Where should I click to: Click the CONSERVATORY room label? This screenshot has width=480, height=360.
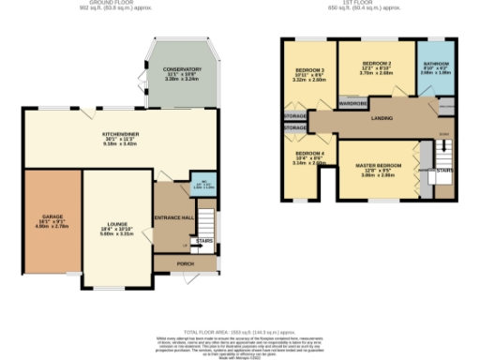tap(183, 70)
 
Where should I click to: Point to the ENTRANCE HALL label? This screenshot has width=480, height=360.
tap(173, 217)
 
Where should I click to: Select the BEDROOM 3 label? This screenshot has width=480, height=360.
tap(310, 71)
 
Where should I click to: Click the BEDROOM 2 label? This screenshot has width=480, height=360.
tap(376, 64)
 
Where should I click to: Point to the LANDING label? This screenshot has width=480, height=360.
tap(382, 118)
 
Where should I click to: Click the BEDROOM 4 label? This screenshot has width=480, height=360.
tap(309, 153)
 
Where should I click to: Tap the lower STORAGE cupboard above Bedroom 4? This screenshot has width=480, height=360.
tap(294, 127)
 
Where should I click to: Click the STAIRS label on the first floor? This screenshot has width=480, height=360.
tap(444, 172)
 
